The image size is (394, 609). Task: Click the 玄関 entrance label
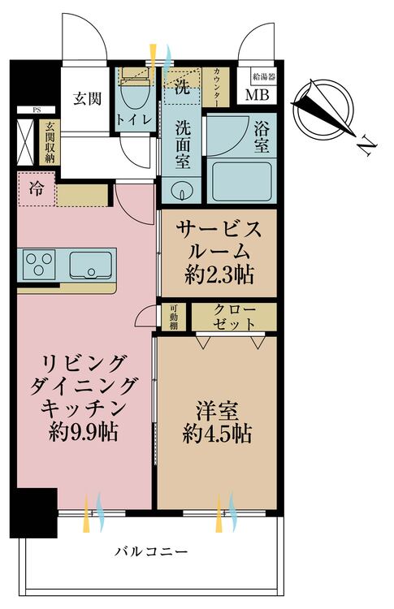coord(87,99)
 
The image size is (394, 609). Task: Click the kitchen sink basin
coord(89,265)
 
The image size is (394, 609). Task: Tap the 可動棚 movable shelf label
coord(173,317)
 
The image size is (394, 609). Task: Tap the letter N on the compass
coord(367,146)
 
